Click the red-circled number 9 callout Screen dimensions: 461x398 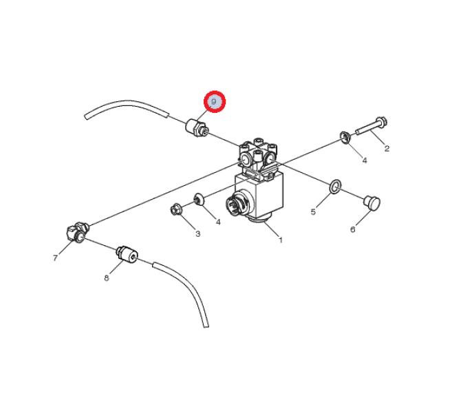click(214, 101)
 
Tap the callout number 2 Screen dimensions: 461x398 click(387, 149)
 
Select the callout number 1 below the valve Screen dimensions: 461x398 click(281, 240)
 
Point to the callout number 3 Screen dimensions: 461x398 click(198, 234)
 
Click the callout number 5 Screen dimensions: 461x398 click(313, 212)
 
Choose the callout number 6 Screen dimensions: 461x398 click(353, 229)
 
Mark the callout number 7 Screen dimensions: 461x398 click(55, 258)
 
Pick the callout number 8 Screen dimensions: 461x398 click(107, 278)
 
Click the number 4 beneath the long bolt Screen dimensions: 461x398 click(365, 160)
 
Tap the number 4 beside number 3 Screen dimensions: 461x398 click(218, 222)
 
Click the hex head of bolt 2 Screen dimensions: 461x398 click(382, 121)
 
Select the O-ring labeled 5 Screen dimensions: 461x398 click(335, 187)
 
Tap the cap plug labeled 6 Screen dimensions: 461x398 click(372, 203)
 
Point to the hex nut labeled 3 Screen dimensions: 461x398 click(176, 209)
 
